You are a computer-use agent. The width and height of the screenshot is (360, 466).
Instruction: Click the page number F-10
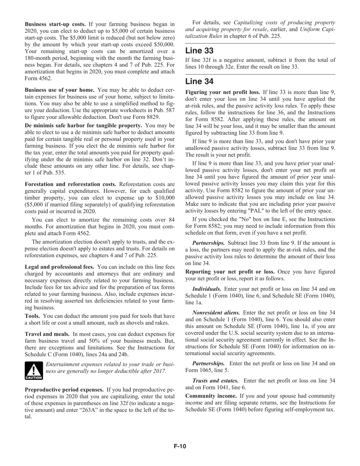pyautogui.click(x=180, y=446)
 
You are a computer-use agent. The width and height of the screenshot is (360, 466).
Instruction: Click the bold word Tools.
pyautogui.click(x=33, y=316)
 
